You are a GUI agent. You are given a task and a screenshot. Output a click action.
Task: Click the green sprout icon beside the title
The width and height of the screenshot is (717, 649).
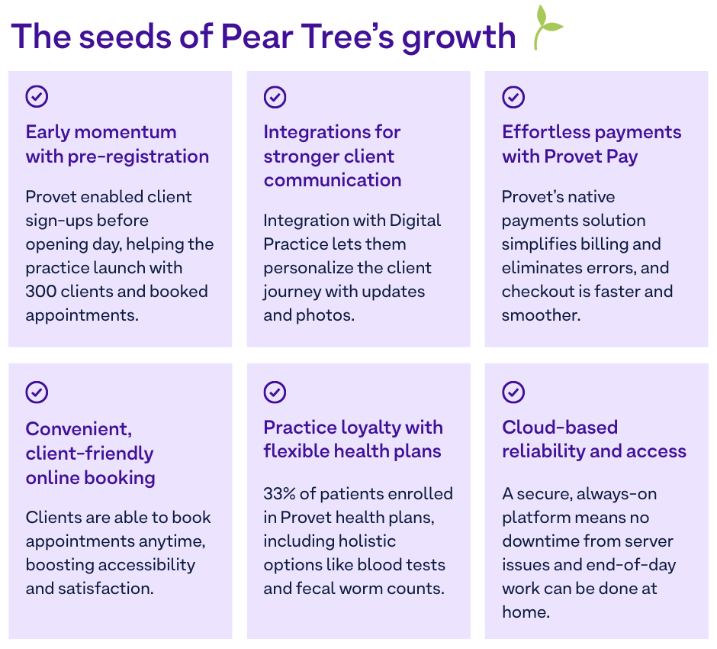(x=545, y=28)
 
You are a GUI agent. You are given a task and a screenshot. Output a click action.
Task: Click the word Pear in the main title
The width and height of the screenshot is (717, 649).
(x=256, y=36)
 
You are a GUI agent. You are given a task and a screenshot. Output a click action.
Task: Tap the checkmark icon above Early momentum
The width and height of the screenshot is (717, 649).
(x=37, y=96)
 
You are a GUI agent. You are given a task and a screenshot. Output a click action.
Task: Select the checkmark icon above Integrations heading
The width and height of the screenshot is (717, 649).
(x=275, y=97)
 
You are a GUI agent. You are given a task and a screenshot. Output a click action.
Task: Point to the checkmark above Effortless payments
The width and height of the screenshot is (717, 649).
(x=513, y=97)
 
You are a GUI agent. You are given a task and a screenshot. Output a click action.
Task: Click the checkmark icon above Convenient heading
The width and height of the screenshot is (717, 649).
(x=37, y=392)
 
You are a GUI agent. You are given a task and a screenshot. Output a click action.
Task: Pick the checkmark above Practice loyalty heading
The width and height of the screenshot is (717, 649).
(x=275, y=392)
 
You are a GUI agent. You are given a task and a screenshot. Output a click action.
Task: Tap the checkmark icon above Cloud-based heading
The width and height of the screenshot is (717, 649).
(x=513, y=392)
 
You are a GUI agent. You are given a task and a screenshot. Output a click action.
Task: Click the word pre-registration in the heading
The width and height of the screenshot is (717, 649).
(x=138, y=157)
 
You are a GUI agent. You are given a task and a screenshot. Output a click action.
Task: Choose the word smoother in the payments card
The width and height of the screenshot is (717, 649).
(x=541, y=315)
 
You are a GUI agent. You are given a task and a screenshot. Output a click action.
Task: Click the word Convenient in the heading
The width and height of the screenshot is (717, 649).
(x=79, y=429)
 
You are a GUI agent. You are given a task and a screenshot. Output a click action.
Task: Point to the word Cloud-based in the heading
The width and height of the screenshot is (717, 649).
(x=560, y=428)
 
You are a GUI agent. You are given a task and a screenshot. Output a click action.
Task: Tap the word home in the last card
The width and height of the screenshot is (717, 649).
(x=526, y=612)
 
